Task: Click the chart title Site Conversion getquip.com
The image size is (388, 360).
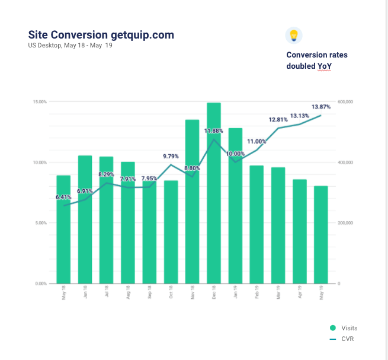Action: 101,35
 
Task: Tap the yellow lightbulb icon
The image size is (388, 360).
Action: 293,35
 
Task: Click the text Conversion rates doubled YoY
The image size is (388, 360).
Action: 316,60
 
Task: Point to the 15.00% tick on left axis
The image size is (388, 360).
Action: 39,102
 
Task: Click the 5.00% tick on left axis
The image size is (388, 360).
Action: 40,223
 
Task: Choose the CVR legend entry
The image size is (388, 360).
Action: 343,339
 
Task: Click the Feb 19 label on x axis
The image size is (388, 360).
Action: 257,294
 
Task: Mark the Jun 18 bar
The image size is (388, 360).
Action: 85,219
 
